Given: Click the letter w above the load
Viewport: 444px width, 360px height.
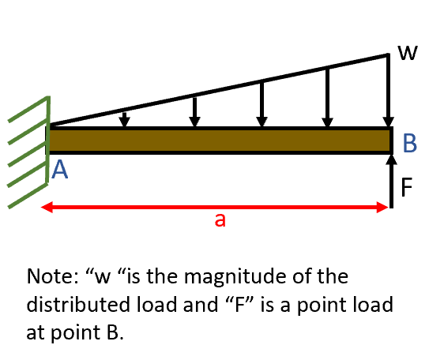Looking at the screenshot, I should click(x=407, y=54).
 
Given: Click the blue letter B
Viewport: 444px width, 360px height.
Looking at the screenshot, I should click(x=409, y=143).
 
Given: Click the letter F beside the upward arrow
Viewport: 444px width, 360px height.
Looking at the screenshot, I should click(x=407, y=187).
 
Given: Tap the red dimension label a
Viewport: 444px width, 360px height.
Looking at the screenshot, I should click(x=220, y=221).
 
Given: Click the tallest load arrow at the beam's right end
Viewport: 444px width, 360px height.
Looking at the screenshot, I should click(x=388, y=91).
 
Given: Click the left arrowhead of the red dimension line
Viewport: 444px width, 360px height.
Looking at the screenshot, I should click(x=47, y=208).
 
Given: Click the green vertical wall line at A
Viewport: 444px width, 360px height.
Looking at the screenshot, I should click(x=48, y=150).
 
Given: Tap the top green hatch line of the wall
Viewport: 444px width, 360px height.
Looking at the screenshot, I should click(x=28, y=110).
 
